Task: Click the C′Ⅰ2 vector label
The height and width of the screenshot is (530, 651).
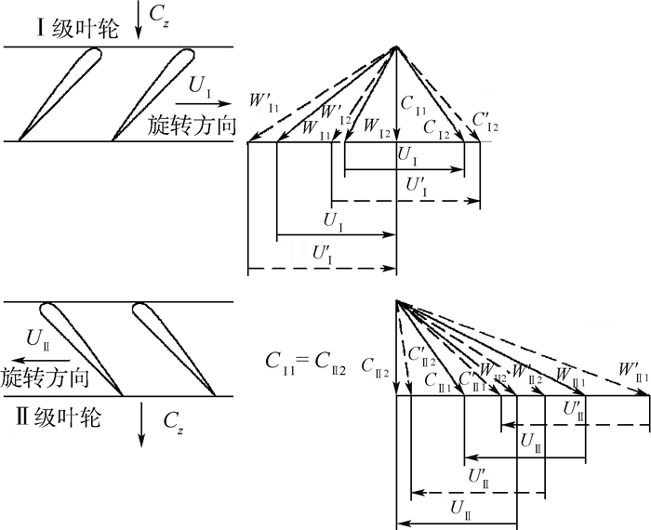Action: pos(485,122)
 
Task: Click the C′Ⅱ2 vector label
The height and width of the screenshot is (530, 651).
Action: pos(421,353)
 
